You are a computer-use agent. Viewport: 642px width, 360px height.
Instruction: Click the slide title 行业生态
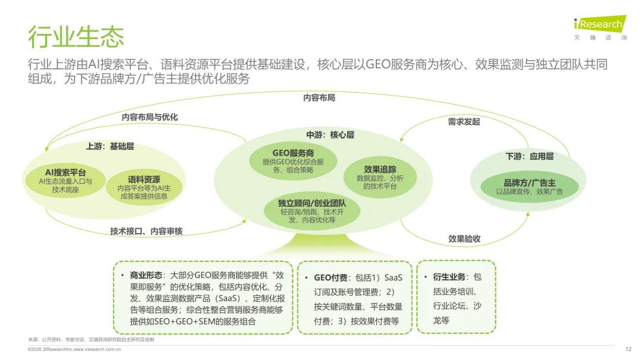point(76,37)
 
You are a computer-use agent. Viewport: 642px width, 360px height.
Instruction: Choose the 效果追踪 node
point(380,177)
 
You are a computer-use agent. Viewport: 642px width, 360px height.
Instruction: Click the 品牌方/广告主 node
point(530,187)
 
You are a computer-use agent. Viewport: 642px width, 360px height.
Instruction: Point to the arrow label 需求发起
point(464,122)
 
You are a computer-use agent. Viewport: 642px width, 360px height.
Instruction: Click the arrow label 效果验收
point(464,239)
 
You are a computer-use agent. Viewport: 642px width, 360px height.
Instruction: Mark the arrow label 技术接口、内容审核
point(146,231)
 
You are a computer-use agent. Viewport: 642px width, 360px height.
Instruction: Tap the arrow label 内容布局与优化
point(149,117)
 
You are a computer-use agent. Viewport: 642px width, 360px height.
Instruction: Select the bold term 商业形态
point(146,276)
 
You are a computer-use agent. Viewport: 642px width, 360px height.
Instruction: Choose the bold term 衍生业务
point(449,277)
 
